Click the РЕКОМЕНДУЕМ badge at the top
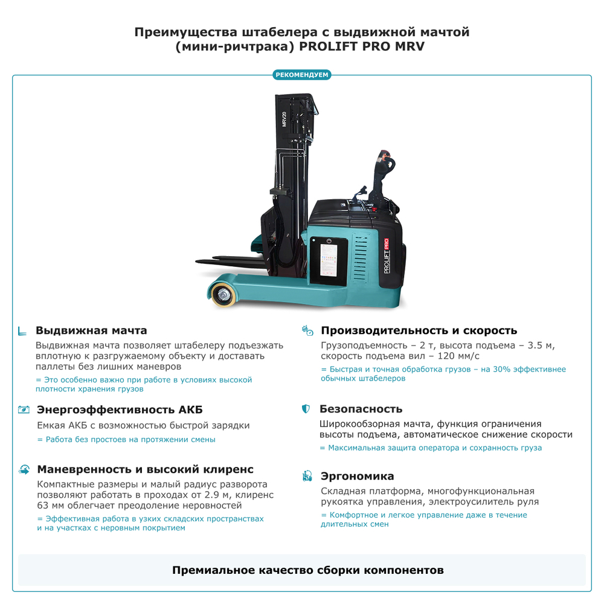click(x=302, y=75)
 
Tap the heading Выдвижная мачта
click(x=91, y=330)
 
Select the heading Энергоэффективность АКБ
click(x=120, y=410)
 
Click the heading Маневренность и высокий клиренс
click(x=146, y=469)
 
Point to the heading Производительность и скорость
click(x=419, y=330)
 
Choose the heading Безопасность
click(x=361, y=409)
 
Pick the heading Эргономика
click(x=358, y=476)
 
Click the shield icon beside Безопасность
click(x=306, y=409)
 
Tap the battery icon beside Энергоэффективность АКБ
click(x=24, y=410)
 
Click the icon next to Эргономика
click(x=307, y=476)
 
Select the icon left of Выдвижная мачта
click(x=23, y=331)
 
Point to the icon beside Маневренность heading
click(x=24, y=469)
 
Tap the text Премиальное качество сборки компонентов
click(x=308, y=570)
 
